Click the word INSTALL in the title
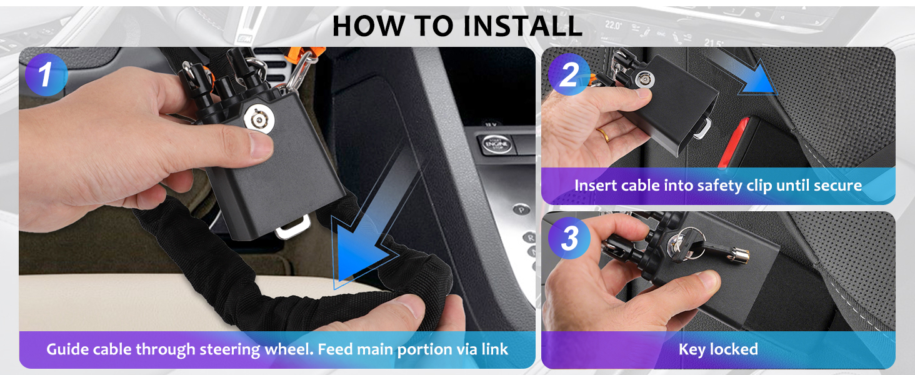click(x=522, y=26)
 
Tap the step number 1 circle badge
click(x=46, y=75)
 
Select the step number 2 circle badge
click(x=569, y=75)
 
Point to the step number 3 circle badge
click(x=569, y=237)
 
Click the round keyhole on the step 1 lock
click(x=259, y=119)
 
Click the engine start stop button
click(x=496, y=144)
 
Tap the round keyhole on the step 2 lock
click(x=644, y=79)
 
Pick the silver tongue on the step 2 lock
click(x=702, y=128)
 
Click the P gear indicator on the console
click(x=521, y=210)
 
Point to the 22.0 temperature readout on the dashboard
click(x=612, y=25)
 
